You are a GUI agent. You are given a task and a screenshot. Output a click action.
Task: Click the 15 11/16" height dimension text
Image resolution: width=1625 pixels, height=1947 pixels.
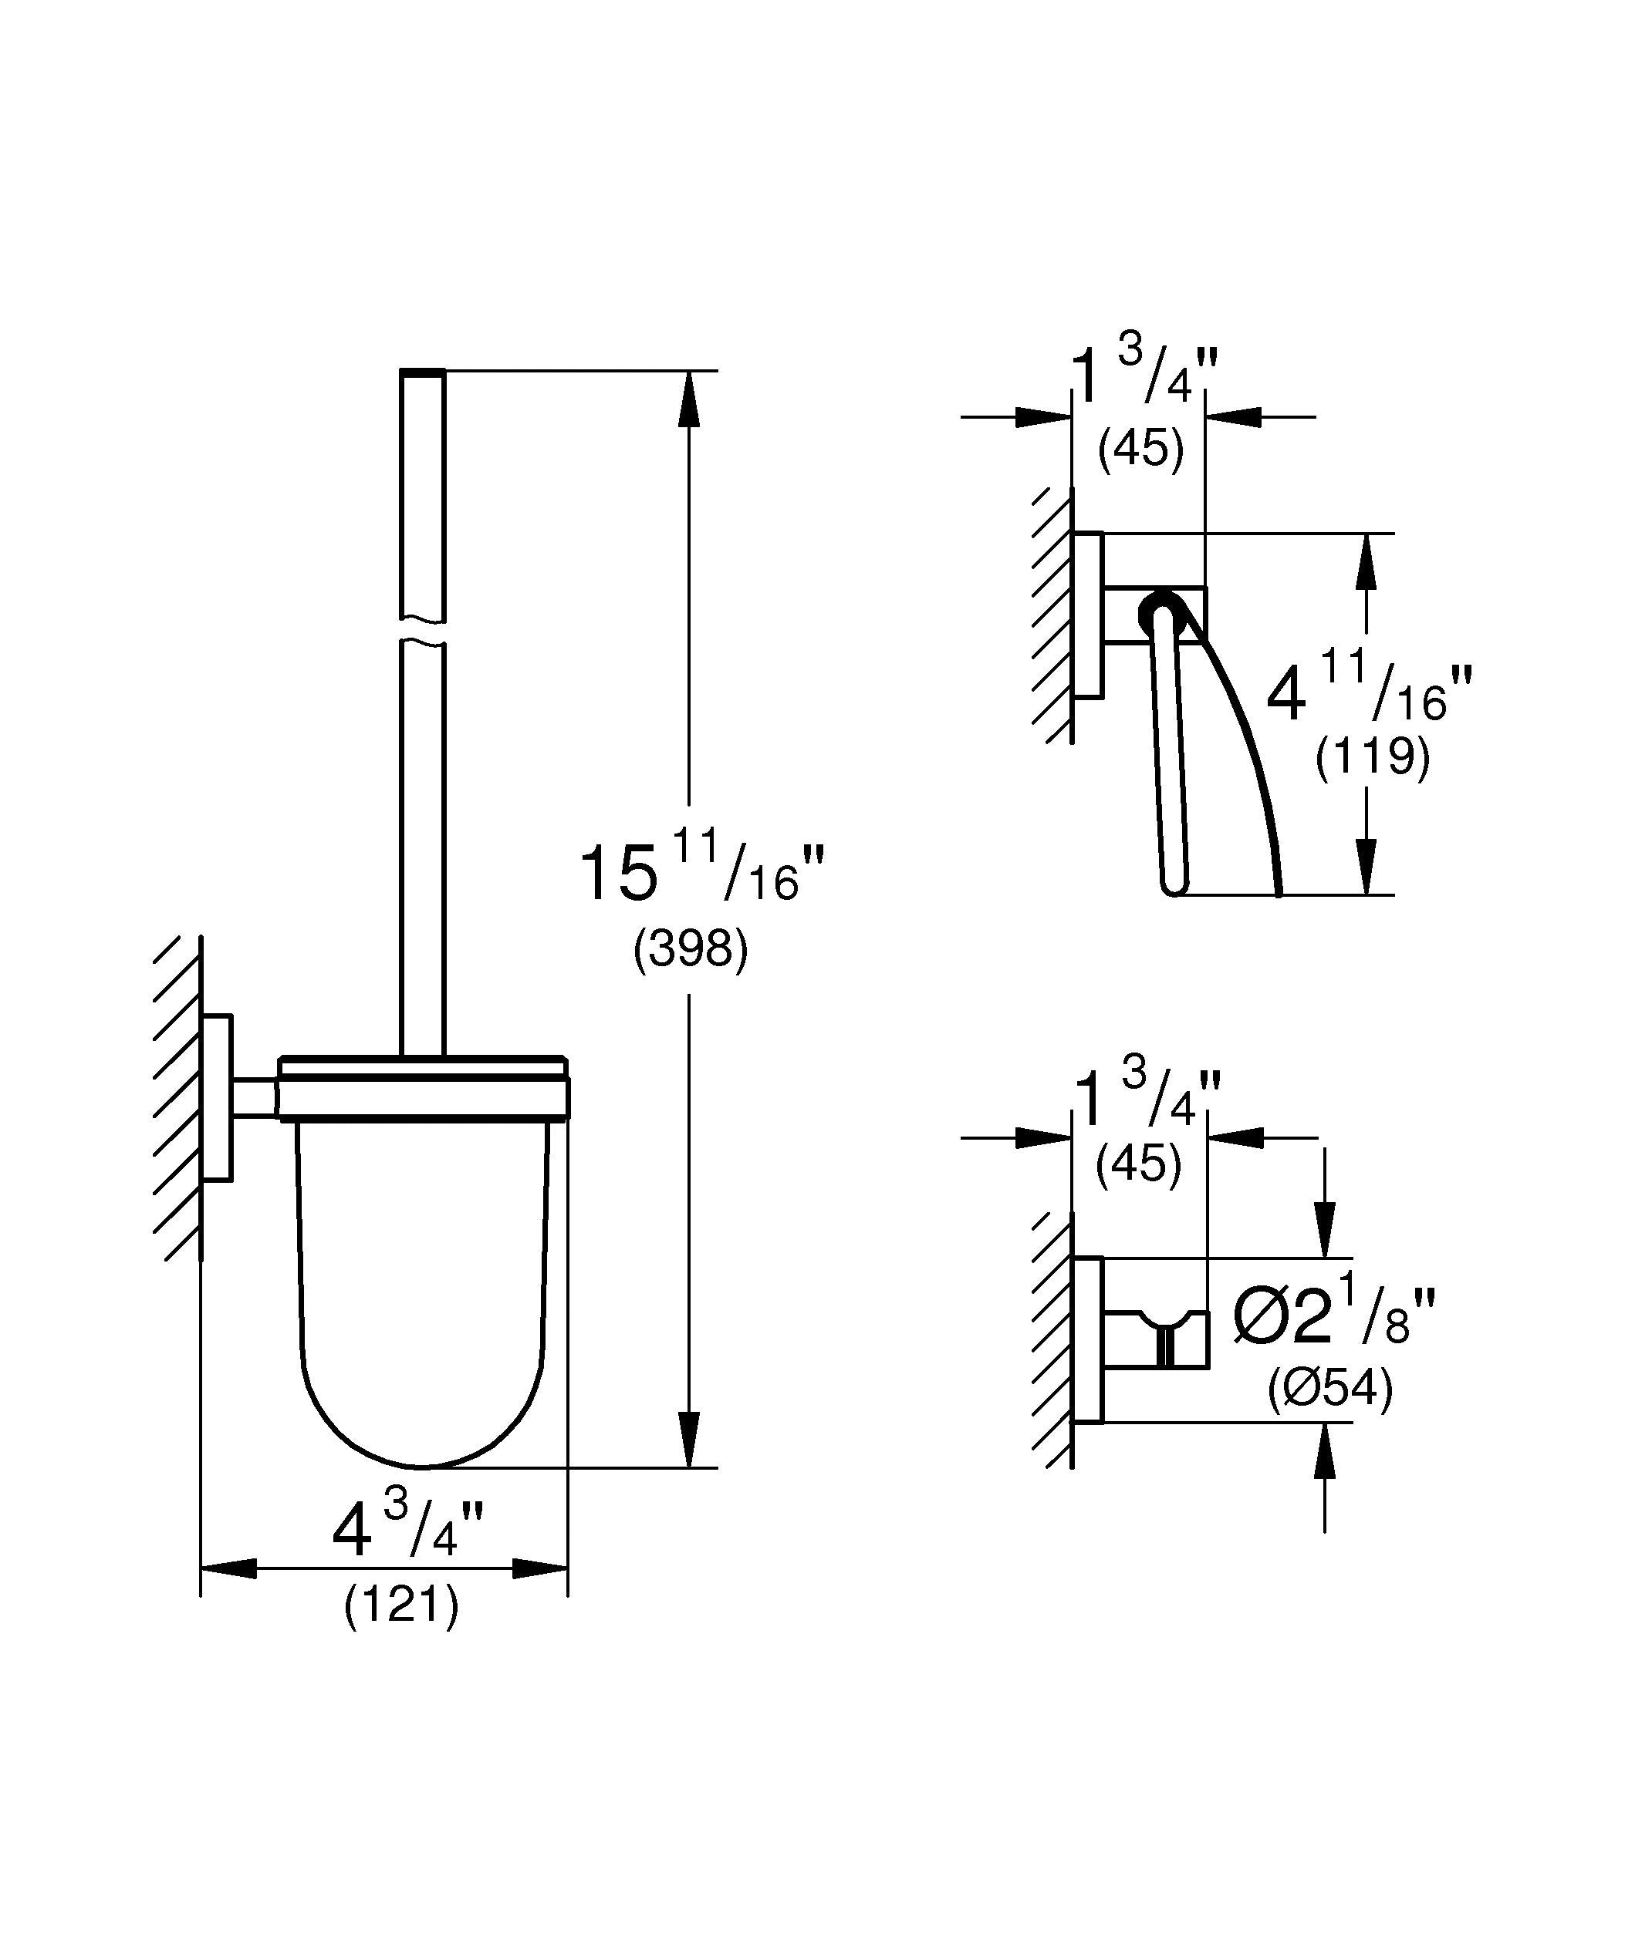pos(701,871)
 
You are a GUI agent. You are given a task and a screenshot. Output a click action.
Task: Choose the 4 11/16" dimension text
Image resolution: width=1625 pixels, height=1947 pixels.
pos(1369,691)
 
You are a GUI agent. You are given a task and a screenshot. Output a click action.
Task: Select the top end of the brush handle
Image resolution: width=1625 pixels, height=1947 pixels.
pos(423,372)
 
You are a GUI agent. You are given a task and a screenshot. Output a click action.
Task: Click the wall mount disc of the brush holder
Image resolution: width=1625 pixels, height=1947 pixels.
pos(217,1098)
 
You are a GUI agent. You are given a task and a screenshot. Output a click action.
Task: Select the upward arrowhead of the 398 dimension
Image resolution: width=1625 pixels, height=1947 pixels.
pos(688,399)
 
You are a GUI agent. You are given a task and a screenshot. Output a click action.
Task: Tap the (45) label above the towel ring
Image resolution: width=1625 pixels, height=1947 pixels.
pos(1141,450)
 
